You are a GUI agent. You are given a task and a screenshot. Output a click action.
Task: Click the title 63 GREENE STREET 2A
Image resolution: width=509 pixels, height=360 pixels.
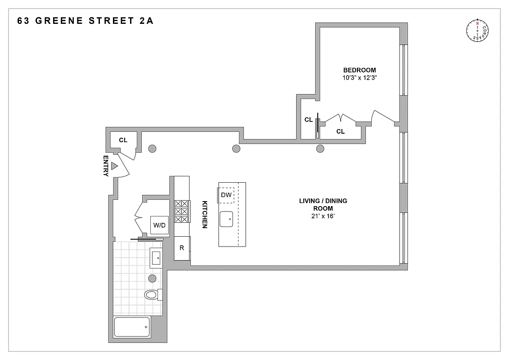pos(85,21)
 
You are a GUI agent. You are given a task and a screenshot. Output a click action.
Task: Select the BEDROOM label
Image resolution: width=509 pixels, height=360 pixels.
pos(359,70)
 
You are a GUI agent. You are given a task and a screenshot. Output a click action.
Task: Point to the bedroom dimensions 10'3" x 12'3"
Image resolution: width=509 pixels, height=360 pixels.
pos(359,78)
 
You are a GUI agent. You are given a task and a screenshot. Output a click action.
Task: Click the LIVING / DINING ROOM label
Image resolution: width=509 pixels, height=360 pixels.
pos(323,205)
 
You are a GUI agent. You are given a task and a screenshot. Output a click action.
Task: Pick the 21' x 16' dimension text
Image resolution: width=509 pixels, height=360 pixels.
pos(323,216)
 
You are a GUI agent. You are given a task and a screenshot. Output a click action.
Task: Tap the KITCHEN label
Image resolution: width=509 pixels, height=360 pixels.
pos(204,214)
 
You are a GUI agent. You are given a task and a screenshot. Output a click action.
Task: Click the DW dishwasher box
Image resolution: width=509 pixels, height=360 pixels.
pos(226,195)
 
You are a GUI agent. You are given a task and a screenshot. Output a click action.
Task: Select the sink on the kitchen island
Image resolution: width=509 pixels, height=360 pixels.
pos(226,219)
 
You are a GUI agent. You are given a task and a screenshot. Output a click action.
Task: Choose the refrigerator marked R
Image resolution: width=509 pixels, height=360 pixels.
pos(182,248)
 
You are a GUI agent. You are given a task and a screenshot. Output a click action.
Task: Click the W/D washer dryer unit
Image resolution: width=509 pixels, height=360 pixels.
pos(159,225)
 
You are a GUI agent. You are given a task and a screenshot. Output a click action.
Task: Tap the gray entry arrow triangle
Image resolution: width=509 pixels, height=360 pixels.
pos(114,166)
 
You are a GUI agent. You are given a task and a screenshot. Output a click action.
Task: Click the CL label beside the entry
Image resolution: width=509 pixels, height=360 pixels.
pos(123,140)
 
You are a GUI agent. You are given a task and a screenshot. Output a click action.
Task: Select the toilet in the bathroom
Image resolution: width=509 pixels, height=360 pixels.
pos(152,295)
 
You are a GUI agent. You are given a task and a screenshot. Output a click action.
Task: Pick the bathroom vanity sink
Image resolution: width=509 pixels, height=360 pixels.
pos(156,258)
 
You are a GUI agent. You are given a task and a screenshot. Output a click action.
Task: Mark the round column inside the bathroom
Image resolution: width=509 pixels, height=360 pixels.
pos(152,278)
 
